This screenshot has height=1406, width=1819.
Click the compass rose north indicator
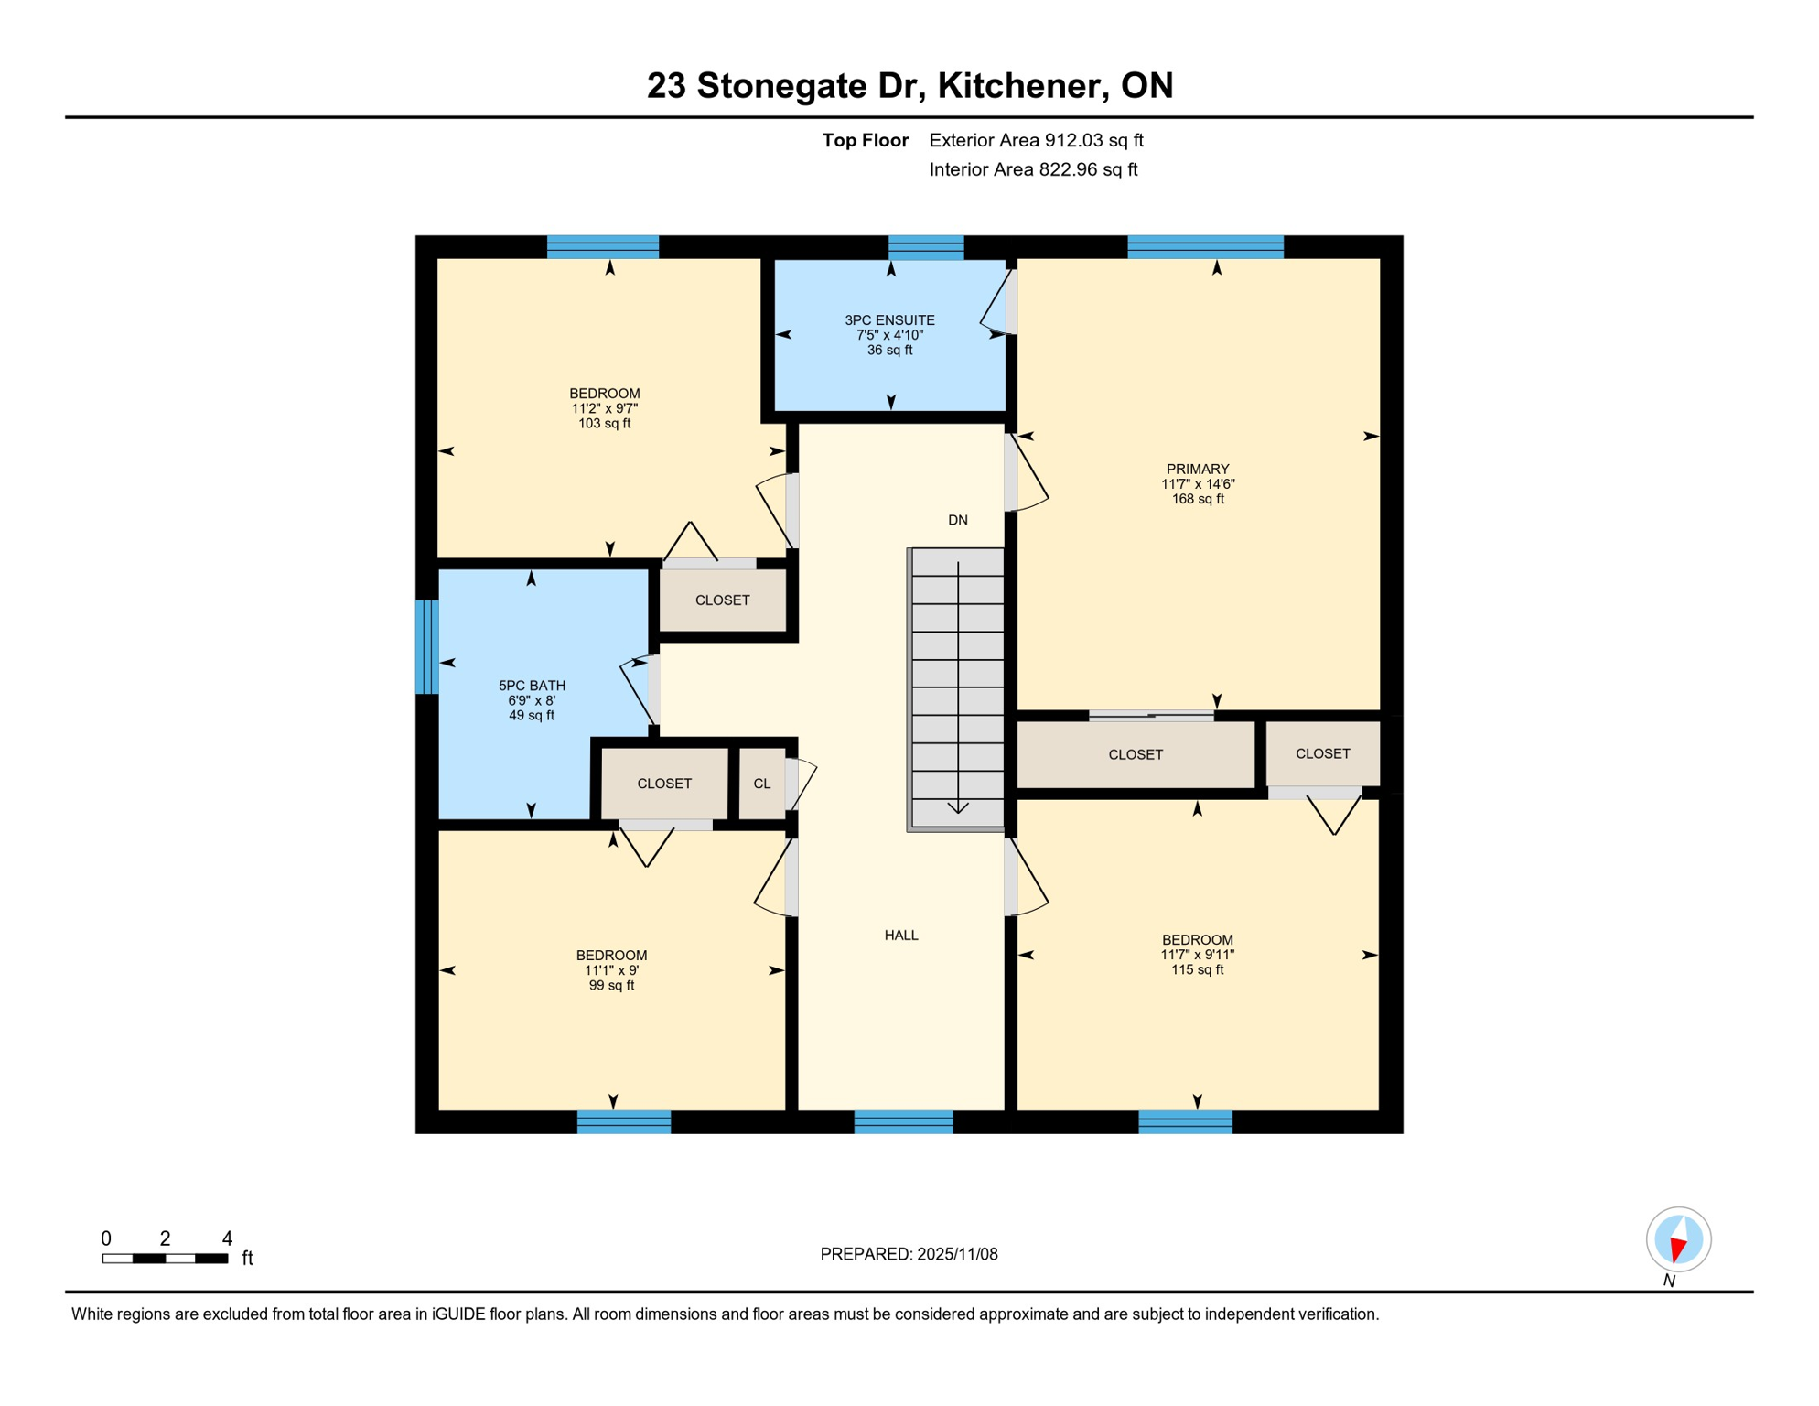[1678, 1240]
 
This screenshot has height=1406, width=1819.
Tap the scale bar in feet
[165, 1259]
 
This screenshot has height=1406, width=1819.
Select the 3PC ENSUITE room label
[889, 335]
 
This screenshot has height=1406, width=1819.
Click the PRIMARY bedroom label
[1198, 484]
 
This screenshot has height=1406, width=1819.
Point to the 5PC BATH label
[532, 700]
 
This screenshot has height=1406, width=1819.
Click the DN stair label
[958, 520]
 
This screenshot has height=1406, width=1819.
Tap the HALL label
[901, 936]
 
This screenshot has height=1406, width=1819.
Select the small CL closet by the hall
[762, 784]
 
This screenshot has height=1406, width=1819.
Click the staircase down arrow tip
[958, 813]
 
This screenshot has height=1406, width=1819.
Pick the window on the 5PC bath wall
[427, 647]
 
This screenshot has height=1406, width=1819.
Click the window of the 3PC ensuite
[926, 247]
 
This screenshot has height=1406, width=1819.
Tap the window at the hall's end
[904, 1122]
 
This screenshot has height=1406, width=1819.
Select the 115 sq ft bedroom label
[1198, 955]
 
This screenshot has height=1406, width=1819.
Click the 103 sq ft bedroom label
[605, 408]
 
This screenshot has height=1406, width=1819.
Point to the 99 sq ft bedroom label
[611, 970]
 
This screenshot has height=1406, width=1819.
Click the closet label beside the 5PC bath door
[723, 600]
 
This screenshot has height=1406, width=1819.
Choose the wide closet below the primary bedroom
[1136, 754]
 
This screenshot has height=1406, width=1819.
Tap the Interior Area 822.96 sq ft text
[1033, 169]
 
